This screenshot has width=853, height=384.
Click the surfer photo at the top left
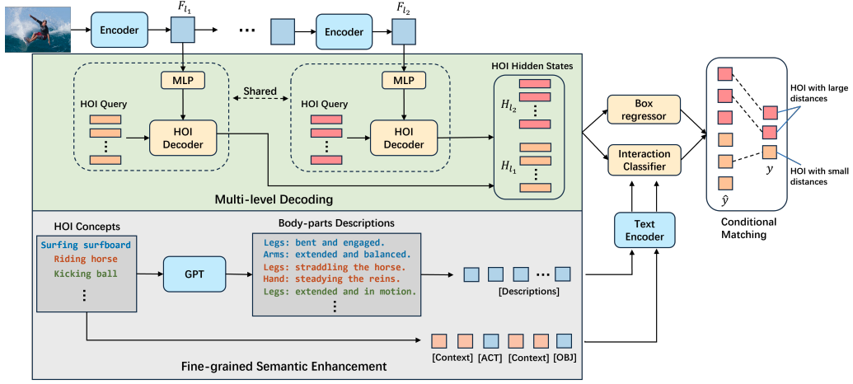[38, 30]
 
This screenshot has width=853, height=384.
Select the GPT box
[195, 273]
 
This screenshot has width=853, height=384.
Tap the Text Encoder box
[644, 230]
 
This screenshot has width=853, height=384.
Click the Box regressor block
[644, 108]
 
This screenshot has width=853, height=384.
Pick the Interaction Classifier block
[644, 159]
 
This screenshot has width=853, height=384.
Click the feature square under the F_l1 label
[183, 30]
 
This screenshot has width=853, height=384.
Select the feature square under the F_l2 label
[402, 30]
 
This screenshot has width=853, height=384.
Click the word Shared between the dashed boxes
[260, 91]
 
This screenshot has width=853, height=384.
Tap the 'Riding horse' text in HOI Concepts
[86, 259]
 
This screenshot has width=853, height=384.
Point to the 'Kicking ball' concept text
[86, 273]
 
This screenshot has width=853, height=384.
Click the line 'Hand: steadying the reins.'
[332, 279]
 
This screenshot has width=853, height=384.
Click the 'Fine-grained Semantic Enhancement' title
[284, 366]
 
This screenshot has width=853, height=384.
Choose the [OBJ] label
[565, 358]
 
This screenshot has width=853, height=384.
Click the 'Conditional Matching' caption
[748, 228]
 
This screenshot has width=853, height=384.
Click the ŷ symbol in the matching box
[724, 202]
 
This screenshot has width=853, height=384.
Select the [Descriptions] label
[528, 292]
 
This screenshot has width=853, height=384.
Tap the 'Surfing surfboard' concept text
[86, 245]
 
